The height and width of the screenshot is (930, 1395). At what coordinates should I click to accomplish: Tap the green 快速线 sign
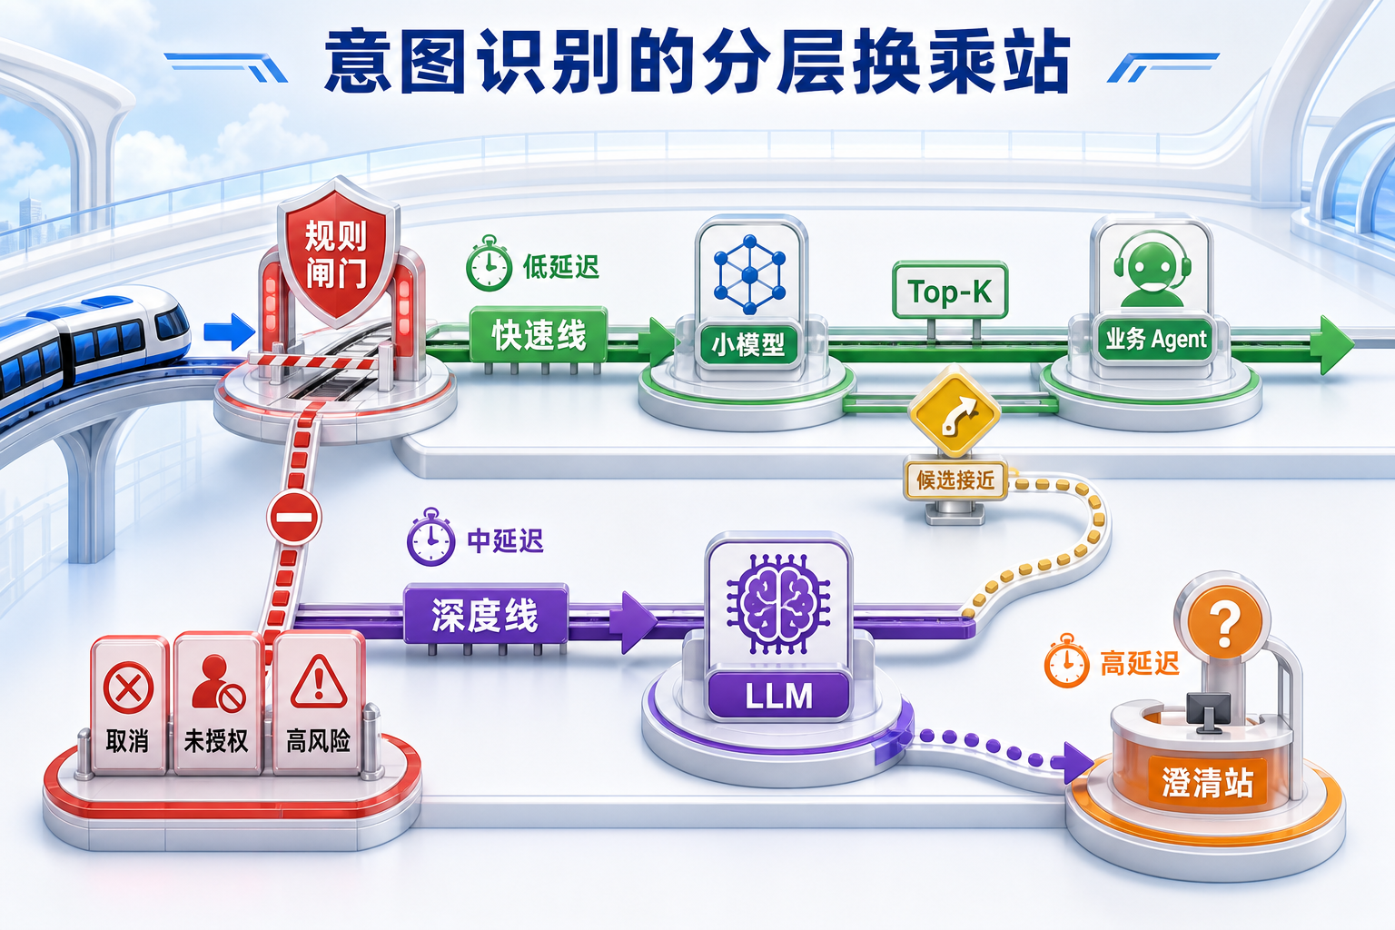[539, 335]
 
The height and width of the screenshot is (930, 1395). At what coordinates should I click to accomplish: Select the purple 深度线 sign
[486, 614]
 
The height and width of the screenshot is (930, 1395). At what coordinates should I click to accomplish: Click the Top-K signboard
[950, 291]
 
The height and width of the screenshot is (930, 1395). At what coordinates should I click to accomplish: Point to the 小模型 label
[748, 344]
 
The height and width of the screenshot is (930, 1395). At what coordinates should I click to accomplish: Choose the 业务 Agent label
[1155, 340]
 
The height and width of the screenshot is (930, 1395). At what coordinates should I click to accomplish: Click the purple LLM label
[778, 696]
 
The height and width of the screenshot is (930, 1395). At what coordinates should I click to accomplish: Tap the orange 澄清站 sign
[1207, 782]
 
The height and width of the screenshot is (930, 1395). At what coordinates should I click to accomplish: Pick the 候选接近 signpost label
[955, 480]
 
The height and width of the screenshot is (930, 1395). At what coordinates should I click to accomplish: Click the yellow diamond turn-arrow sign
[955, 411]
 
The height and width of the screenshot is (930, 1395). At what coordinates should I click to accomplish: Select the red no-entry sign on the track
[294, 518]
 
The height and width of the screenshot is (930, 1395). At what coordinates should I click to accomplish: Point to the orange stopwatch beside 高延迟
[1067, 661]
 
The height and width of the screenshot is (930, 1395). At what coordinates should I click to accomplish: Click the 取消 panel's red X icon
[128, 688]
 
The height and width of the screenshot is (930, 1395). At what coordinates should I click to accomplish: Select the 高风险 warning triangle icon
[319, 681]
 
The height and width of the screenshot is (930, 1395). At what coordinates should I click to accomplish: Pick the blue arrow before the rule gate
[229, 332]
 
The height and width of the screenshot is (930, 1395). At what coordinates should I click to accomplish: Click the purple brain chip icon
[777, 604]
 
